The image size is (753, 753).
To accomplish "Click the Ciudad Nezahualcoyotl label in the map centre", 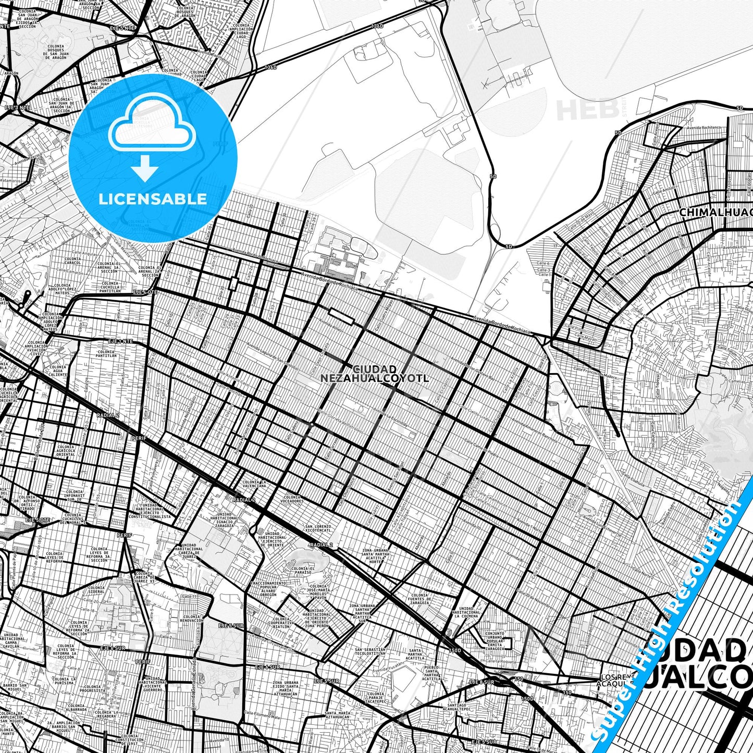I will click(375, 374).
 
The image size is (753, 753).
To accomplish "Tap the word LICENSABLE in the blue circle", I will click(153, 199).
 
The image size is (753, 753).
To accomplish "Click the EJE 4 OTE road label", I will click(145, 292).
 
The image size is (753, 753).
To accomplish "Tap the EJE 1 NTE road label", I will click(120, 341).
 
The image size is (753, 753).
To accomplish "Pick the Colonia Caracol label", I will click(72, 261).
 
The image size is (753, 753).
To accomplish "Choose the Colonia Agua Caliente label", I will click(58, 371).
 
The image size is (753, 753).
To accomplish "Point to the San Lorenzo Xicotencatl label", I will click(318, 528).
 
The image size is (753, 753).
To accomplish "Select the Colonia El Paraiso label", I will click(303, 570).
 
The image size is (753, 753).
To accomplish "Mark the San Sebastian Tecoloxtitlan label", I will click(370, 652).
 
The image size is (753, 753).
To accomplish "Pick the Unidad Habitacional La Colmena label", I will click(466, 612).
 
